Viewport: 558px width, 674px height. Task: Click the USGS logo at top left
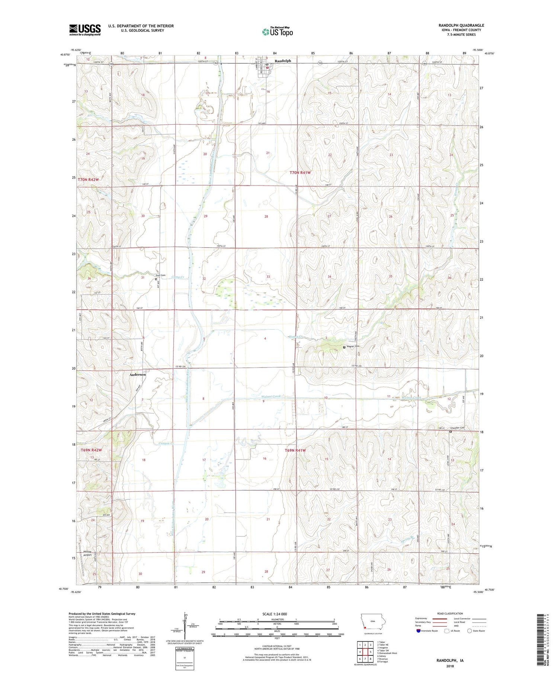click(85, 30)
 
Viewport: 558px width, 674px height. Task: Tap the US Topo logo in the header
click(277, 32)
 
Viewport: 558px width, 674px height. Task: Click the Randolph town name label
click(283, 61)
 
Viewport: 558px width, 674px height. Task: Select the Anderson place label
click(137, 375)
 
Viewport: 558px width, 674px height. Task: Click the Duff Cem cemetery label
click(160, 275)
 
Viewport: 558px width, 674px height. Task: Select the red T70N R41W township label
click(300, 172)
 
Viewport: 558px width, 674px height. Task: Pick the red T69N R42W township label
click(91, 450)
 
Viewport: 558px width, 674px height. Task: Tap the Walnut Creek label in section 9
click(270, 397)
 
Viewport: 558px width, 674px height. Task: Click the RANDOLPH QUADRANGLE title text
click(461, 25)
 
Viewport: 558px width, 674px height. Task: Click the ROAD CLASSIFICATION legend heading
click(450, 613)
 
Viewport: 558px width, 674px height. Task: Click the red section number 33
click(268, 277)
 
